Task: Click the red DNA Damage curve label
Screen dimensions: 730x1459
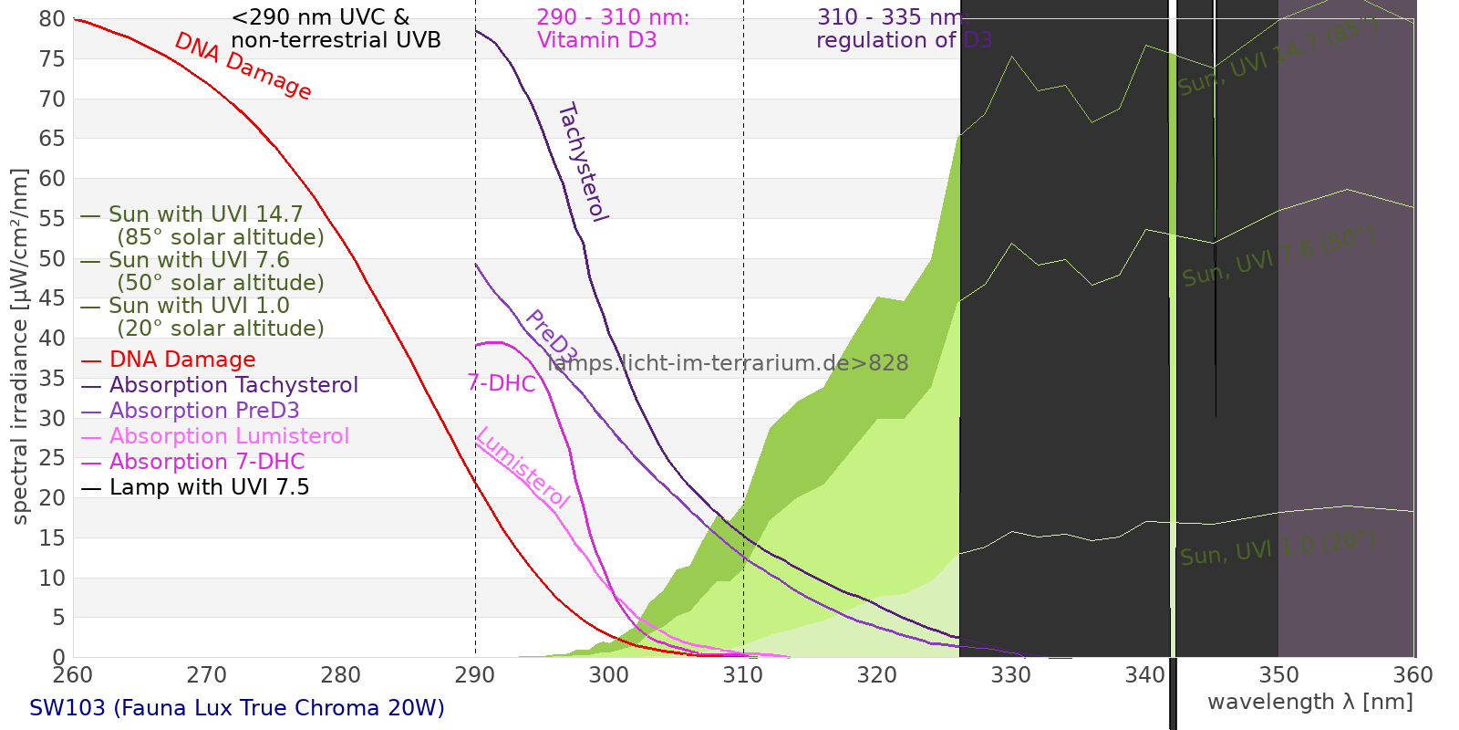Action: tap(243, 66)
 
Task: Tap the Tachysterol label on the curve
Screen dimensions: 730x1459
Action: tap(582, 162)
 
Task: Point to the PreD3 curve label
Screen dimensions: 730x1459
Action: tap(551, 337)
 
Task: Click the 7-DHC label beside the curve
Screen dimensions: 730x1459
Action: tap(502, 383)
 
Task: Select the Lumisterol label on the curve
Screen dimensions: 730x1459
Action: tap(523, 467)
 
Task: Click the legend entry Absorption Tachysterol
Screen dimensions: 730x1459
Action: tap(233, 385)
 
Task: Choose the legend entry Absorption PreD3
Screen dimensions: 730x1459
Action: tap(204, 411)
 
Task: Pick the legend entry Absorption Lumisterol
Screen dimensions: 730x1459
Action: tap(229, 436)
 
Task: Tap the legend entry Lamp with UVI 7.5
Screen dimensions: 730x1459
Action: tap(209, 487)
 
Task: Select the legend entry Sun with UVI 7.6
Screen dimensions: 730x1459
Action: tap(199, 260)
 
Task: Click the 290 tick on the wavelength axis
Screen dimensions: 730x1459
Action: tap(474, 675)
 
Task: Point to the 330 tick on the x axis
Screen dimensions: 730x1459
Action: tap(1010, 675)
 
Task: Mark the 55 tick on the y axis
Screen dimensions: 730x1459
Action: tap(52, 218)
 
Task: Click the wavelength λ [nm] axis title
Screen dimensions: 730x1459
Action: tap(1309, 702)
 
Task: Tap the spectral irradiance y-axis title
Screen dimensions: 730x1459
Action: tap(20, 347)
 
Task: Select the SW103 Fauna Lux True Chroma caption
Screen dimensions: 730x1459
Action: tap(237, 708)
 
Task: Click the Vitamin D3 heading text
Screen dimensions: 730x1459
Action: tap(597, 40)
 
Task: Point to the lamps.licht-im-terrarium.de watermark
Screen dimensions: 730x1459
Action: tap(728, 363)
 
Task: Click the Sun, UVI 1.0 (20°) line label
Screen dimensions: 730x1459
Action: tap(1278, 548)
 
